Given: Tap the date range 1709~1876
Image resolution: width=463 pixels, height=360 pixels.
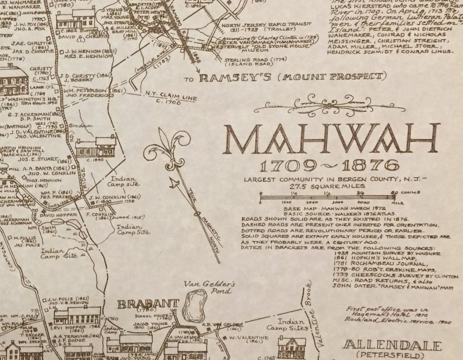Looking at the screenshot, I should pos(329,166).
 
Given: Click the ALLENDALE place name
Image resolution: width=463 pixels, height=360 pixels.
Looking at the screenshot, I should pos(392,345).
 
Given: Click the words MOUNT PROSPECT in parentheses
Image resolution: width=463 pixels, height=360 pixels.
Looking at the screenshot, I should pos(331,77).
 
